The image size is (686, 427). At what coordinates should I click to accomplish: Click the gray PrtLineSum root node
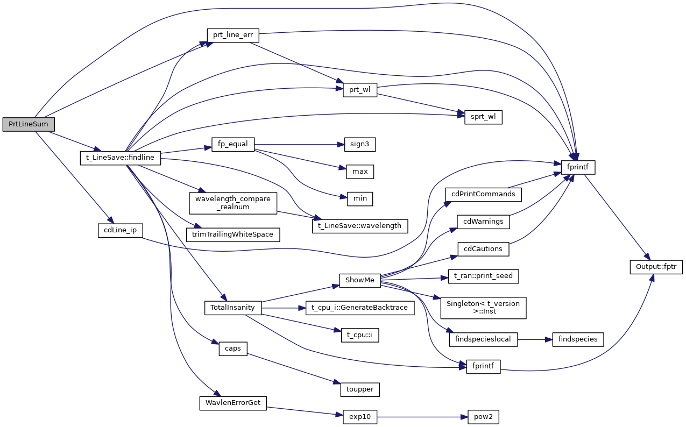coord(29,124)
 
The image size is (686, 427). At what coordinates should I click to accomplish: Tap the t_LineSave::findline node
coord(121,158)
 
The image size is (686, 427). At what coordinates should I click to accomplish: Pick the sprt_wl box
coord(483,117)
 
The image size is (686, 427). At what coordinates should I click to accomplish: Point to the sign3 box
coord(359,145)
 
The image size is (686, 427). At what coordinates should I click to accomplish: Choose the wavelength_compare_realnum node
coord(233,203)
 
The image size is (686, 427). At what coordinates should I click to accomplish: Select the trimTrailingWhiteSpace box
coord(233,234)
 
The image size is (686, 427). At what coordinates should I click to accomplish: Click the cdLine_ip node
coord(120,229)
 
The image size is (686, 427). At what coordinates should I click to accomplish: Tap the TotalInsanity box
coord(233,308)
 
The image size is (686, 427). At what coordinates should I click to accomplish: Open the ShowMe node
coord(359,280)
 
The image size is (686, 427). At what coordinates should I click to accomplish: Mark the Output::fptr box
coord(656,266)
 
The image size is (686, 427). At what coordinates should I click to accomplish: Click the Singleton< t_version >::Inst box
coord(483,308)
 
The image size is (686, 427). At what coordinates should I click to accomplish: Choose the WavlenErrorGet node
coord(233,403)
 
